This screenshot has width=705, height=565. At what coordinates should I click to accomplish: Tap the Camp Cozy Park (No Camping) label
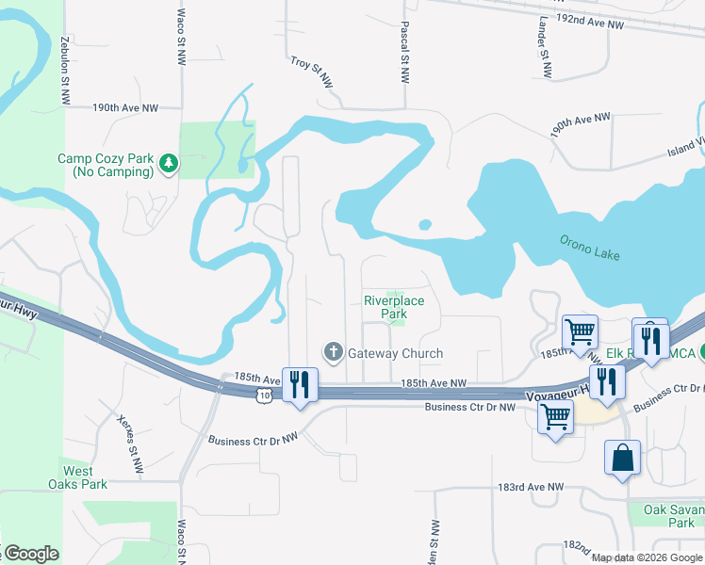coord(105,166)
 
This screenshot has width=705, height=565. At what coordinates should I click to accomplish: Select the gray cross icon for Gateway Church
coord(333,353)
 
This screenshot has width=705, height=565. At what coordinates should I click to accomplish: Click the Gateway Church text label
coord(395,353)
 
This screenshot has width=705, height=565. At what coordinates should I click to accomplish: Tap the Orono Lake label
coord(590,248)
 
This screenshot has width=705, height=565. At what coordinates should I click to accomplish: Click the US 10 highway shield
coord(267,396)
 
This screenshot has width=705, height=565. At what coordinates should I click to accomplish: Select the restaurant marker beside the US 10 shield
coord(301,385)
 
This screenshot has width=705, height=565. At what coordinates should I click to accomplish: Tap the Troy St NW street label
coord(312,73)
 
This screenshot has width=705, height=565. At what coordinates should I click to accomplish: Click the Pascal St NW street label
coord(404,55)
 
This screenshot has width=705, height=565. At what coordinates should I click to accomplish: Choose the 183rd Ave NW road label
coord(530,487)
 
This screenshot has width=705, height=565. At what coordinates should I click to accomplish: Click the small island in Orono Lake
coord(425,224)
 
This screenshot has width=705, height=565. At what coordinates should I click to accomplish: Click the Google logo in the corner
coord(31,554)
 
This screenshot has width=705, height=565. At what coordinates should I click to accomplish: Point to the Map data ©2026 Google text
coord(647,557)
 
